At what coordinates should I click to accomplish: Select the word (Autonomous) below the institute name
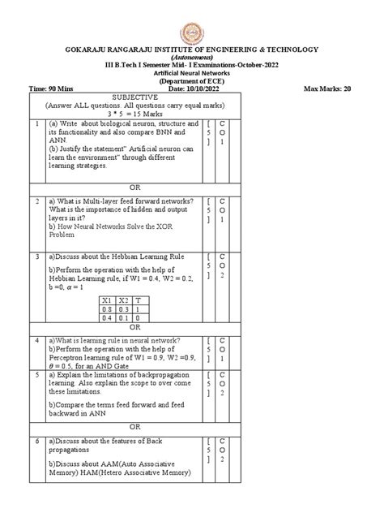[192, 58]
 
